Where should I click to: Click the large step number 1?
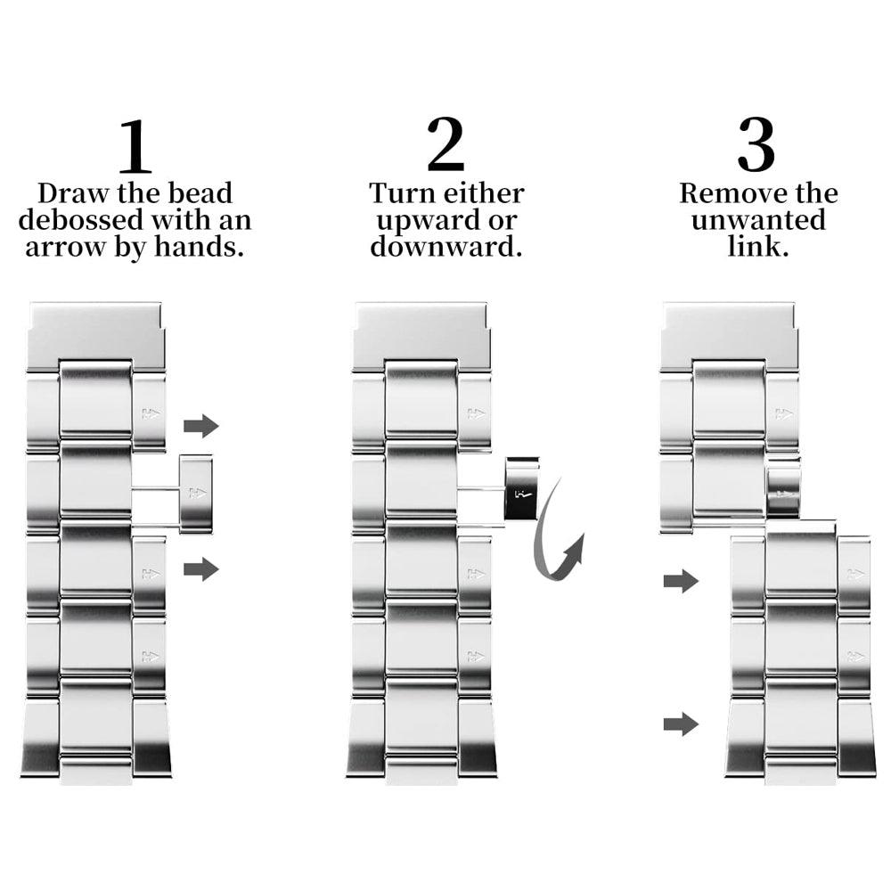(135, 146)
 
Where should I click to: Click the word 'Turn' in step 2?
(400, 193)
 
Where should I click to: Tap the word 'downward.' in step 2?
(446, 247)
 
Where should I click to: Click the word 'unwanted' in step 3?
(758, 220)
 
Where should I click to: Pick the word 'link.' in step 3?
(758, 247)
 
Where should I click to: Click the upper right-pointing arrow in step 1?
(201, 426)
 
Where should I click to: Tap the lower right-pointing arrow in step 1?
(201, 568)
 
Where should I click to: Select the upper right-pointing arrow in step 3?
(681, 581)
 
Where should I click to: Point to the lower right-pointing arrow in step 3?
(681, 723)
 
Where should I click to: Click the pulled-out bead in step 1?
(196, 494)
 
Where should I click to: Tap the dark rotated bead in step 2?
(521, 488)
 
